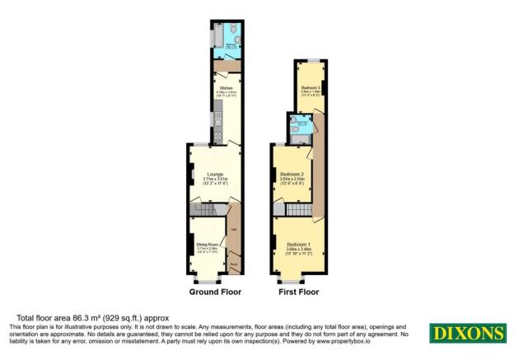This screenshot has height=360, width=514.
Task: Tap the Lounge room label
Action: [214, 174]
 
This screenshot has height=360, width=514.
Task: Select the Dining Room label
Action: [207, 245]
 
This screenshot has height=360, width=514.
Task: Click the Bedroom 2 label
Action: [292, 175]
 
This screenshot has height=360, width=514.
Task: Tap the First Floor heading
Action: [298, 292]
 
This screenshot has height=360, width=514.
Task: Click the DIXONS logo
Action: [466, 334]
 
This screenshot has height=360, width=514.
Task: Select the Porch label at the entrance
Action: [234, 264]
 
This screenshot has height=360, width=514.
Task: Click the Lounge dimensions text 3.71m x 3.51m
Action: [214, 180]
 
